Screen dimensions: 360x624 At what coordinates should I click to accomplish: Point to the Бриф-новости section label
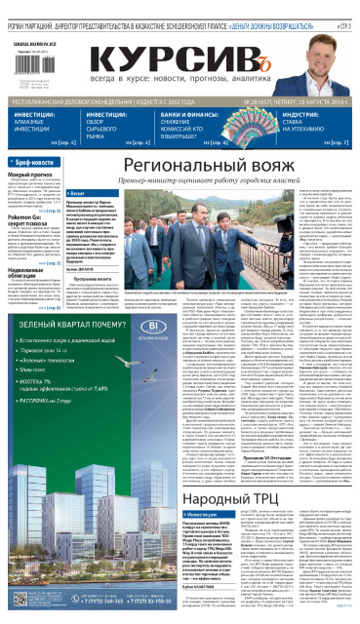pyautogui.click(x=35, y=161)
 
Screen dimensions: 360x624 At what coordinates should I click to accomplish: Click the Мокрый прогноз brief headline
pyautogui.click(x=28, y=174)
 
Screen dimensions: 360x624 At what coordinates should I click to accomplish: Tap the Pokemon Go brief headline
pyautogui.click(x=29, y=218)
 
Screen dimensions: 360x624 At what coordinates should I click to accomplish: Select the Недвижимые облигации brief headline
pyautogui.click(x=35, y=275)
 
